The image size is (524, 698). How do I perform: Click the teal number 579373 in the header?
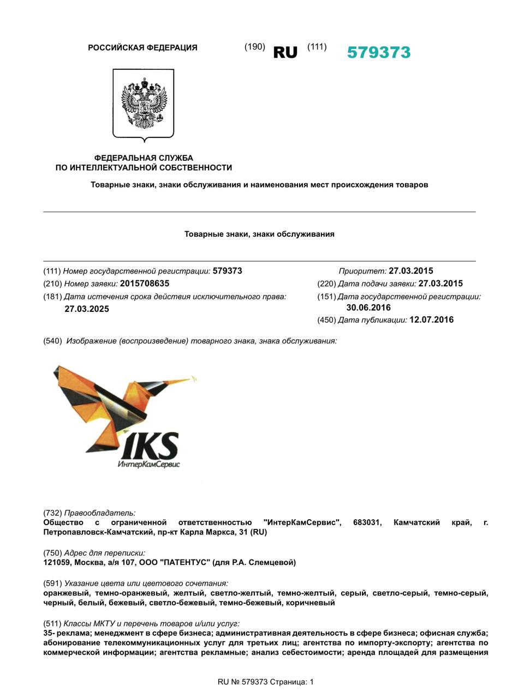click(378, 52)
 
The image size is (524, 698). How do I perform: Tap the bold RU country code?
click(285, 52)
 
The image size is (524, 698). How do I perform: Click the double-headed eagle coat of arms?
click(143, 103)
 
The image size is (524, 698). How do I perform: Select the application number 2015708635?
click(145, 284)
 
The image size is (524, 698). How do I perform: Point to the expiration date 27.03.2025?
click(87, 309)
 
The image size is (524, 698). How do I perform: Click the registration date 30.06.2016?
click(368, 308)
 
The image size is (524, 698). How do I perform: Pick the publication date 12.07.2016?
click(431, 320)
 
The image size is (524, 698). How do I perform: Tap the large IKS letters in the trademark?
click(150, 446)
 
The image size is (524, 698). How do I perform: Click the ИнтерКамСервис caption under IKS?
click(148, 465)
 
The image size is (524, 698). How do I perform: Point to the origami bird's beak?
click(188, 377)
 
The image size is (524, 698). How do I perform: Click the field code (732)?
click(52, 513)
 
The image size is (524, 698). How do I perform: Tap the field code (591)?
click(52, 583)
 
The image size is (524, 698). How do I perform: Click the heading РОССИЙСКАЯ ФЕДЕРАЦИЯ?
click(142, 48)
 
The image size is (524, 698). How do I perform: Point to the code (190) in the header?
click(254, 47)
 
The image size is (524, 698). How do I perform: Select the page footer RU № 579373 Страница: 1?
click(266, 682)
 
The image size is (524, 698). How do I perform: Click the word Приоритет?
click(362, 271)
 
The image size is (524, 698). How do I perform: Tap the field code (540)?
click(52, 341)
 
